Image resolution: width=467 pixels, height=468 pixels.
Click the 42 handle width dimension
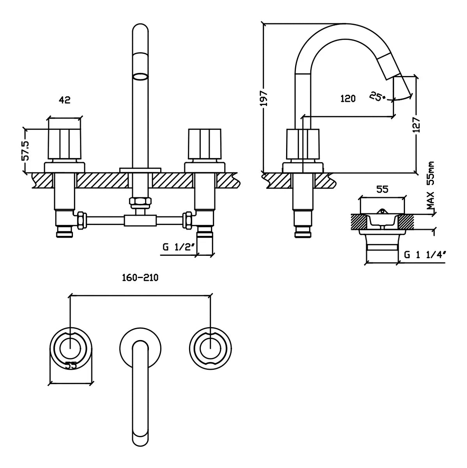[x=65, y=100]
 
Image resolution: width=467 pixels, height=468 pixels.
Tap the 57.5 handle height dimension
[x=25, y=151]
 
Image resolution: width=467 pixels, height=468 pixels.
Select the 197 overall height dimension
[x=264, y=98]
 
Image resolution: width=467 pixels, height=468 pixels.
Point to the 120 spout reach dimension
[x=348, y=99]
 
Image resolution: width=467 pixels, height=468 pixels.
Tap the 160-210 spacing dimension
[x=140, y=278]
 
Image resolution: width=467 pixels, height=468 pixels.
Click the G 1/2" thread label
[x=179, y=247]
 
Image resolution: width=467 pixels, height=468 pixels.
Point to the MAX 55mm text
[x=430, y=186]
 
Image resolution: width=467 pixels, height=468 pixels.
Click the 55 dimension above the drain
[x=382, y=189]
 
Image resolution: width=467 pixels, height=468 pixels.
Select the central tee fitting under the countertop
[x=140, y=220]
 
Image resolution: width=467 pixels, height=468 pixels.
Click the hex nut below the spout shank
[x=140, y=201]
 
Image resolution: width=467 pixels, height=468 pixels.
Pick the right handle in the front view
[x=205, y=144]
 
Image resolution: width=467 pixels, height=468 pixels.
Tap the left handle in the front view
[x=64, y=144]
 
